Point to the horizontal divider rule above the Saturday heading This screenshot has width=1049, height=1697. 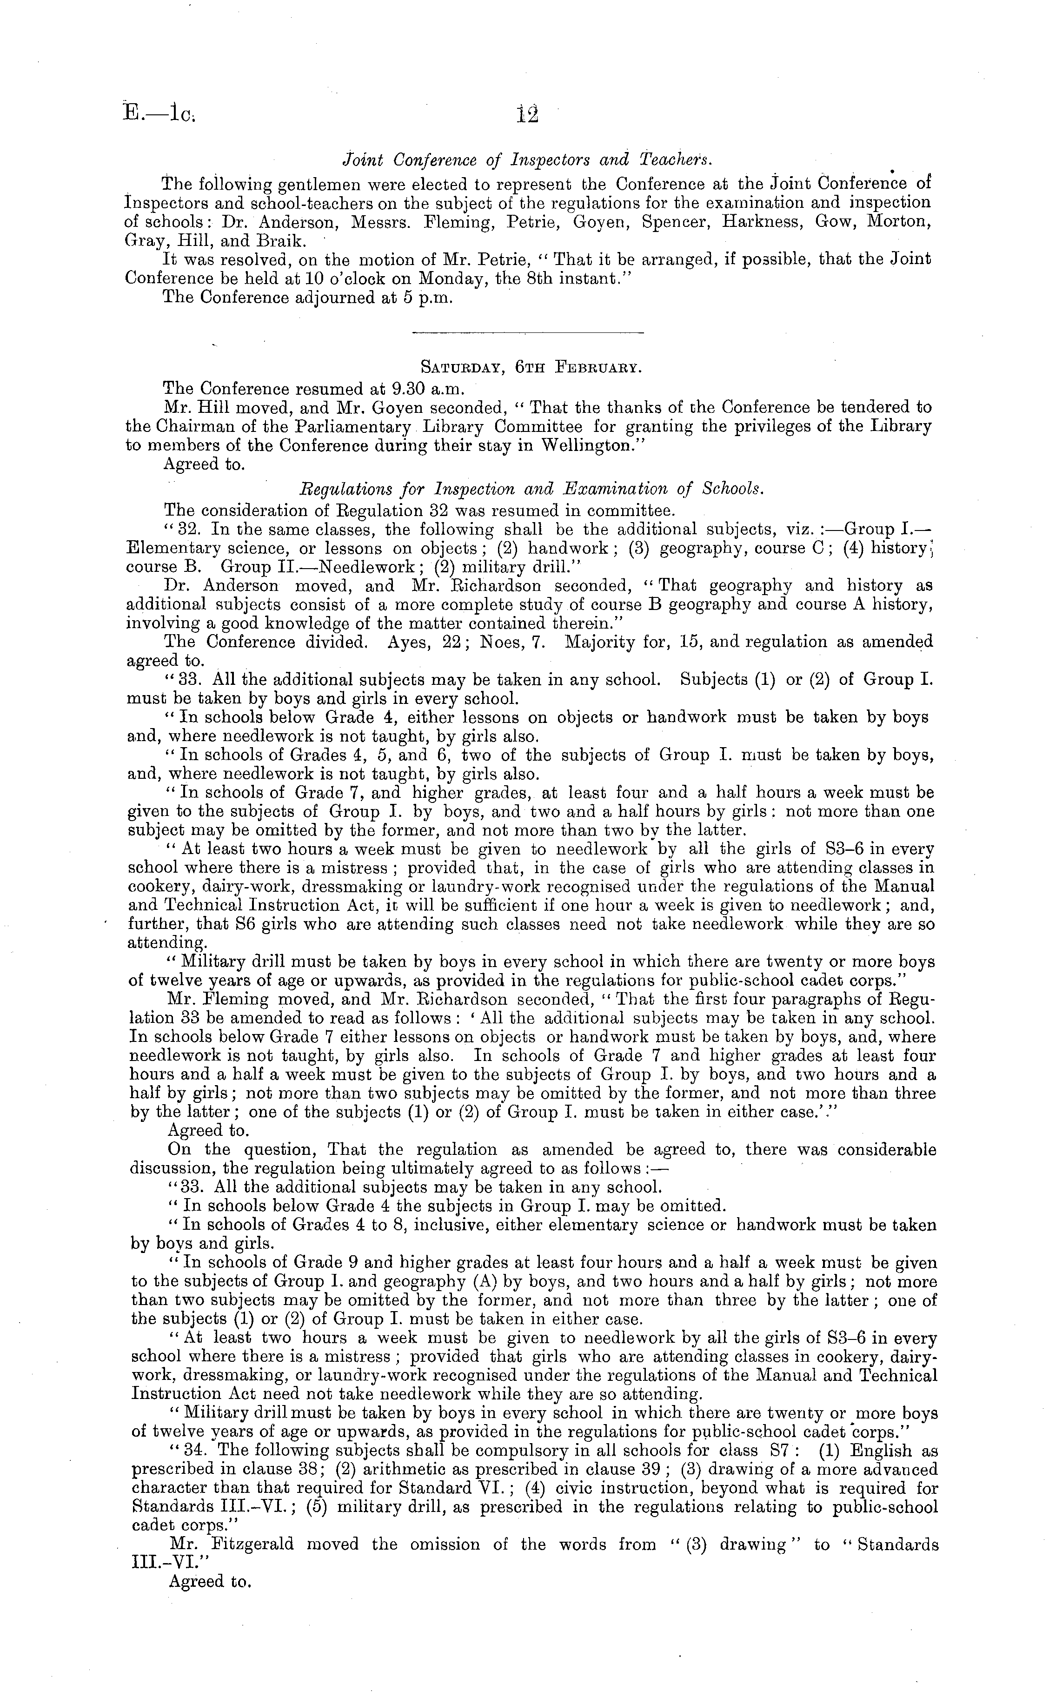527,333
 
